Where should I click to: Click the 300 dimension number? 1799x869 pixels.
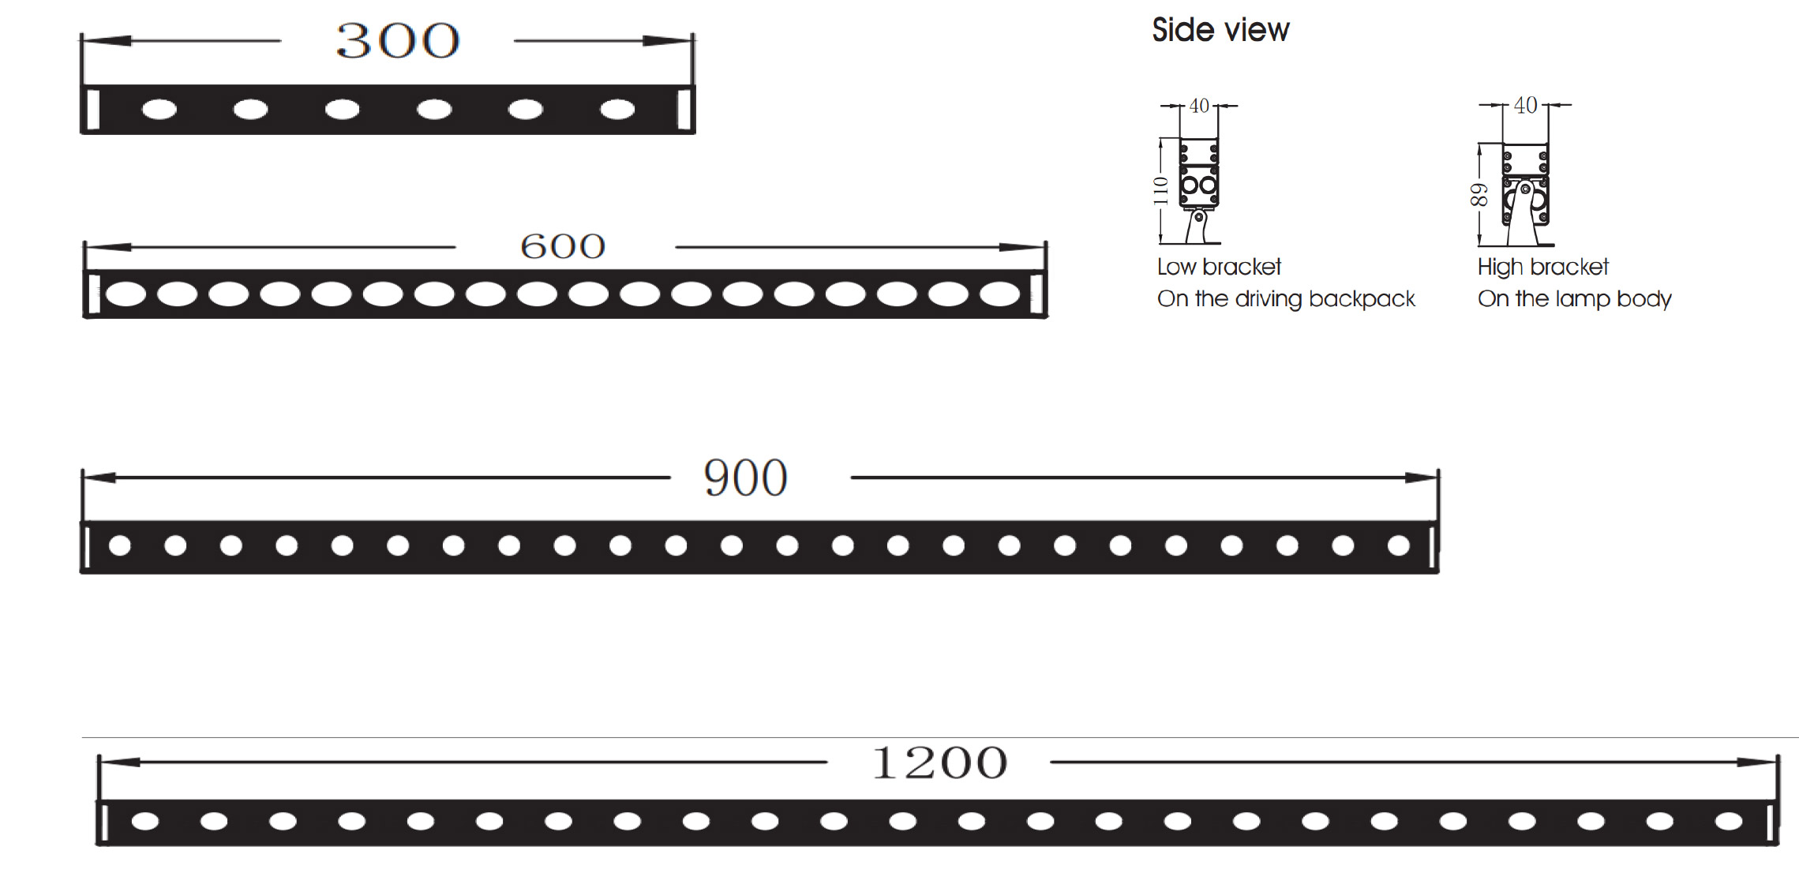[x=397, y=41]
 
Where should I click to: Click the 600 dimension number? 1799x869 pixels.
[x=563, y=246]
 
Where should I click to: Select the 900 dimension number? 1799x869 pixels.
[x=745, y=478]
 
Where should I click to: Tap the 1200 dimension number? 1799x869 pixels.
[x=939, y=762]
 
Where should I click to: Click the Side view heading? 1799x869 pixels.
[x=1220, y=30]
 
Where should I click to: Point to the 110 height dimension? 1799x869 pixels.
[x=1160, y=190]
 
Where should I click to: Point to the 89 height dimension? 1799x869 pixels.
[x=1479, y=194]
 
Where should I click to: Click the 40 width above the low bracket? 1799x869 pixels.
[x=1199, y=106]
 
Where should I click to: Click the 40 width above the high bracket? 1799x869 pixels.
[x=1525, y=105]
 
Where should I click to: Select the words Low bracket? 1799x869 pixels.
[x=1219, y=267]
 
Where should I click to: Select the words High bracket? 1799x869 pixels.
[x=1542, y=267]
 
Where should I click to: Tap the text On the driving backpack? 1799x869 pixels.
[x=1286, y=299]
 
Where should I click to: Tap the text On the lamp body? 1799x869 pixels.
[x=1574, y=299]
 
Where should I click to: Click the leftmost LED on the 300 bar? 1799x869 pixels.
[x=159, y=109]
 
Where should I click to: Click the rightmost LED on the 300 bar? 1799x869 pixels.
[x=617, y=109]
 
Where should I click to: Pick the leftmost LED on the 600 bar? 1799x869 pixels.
[x=126, y=294]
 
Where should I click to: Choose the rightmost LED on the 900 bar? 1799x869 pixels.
[x=1398, y=545]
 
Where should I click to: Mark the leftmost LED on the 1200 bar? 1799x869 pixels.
[x=145, y=822]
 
